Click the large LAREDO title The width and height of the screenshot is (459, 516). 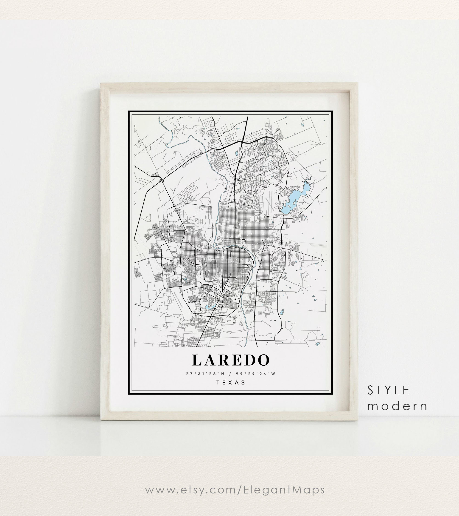(x=230, y=360)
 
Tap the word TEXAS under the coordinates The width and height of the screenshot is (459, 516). (x=231, y=383)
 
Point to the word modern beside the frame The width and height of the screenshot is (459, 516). (x=397, y=406)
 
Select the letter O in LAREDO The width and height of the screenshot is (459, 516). (x=263, y=360)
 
